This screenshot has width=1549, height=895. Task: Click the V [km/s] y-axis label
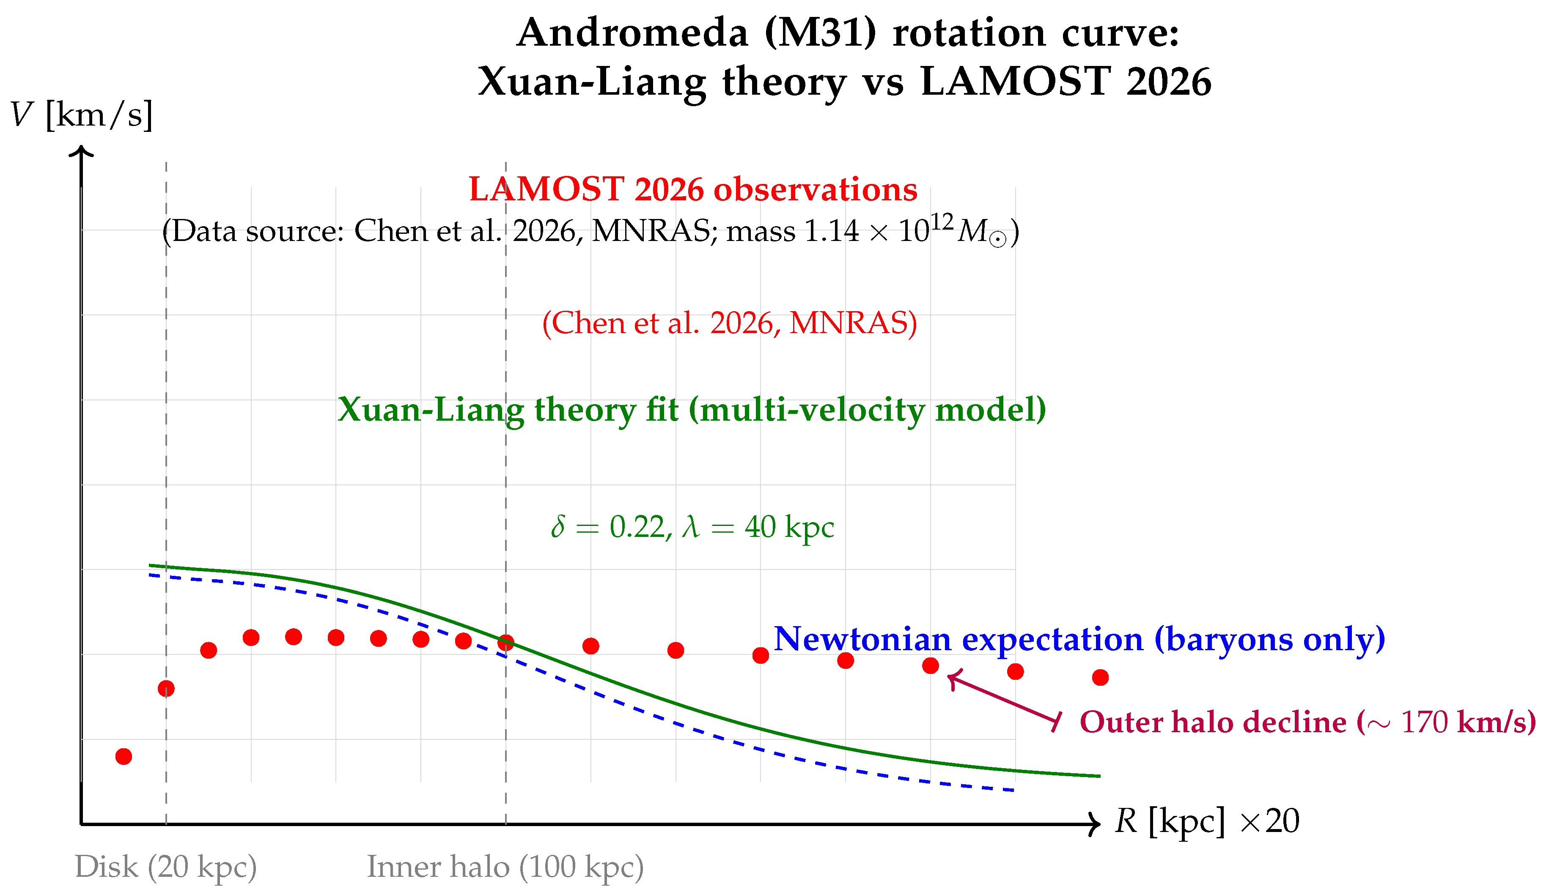[82, 115]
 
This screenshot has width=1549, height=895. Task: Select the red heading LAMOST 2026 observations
[693, 189]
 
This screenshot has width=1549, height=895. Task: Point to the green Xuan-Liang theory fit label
[692, 410]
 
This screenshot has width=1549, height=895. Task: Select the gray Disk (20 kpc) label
[165, 867]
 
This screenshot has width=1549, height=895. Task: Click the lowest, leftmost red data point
[124, 756]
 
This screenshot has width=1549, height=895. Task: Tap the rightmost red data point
[1100, 678]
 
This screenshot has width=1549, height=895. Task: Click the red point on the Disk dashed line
[166, 689]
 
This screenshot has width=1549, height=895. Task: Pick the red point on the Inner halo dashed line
[505, 643]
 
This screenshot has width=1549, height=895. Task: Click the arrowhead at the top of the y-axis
[81, 150]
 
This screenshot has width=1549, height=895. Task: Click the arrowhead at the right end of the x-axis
[1096, 824]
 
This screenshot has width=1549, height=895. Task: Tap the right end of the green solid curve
[1099, 776]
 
